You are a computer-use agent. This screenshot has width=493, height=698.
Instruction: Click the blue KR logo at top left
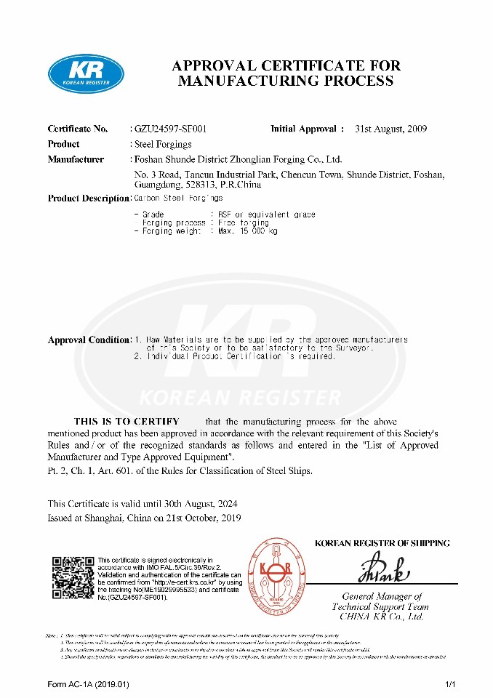coord(86,74)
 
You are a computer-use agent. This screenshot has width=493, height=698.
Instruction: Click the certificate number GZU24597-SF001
coord(171,129)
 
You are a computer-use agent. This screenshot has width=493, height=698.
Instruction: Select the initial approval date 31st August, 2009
coord(390,129)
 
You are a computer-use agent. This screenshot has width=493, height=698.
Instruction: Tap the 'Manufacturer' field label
coord(76,159)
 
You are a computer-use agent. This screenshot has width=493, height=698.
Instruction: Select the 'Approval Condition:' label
coord(89,340)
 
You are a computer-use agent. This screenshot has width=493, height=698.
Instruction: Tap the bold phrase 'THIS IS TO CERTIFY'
coord(126,422)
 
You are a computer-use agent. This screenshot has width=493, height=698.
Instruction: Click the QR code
coord(73,578)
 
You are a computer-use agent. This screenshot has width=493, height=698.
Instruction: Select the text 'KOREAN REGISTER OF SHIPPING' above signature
coord(382,543)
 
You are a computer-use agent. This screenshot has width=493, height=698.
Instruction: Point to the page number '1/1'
coord(449,685)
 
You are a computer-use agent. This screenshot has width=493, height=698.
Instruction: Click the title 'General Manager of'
coord(386,596)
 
